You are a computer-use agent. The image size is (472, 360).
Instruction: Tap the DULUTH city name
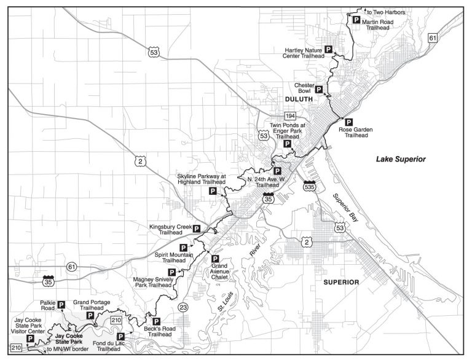(x=299, y=99)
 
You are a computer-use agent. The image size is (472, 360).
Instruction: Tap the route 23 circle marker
(x=182, y=307)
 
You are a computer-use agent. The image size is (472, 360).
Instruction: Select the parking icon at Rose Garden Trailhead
(x=349, y=122)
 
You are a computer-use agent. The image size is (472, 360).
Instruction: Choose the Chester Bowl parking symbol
(x=319, y=89)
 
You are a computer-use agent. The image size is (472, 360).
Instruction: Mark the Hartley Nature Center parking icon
(x=328, y=49)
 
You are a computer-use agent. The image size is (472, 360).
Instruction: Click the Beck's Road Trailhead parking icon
(x=155, y=321)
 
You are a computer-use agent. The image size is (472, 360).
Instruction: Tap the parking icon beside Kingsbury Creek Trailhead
(x=197, y=229)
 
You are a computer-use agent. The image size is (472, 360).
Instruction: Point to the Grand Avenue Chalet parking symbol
(x=214, y=258)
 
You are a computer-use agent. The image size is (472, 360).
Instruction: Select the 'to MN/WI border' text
(x=68, y=349)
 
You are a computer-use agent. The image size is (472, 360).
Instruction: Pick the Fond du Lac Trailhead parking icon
(x=120, y=337)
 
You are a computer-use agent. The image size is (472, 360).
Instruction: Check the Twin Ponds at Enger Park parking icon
(x=287, y=144)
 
